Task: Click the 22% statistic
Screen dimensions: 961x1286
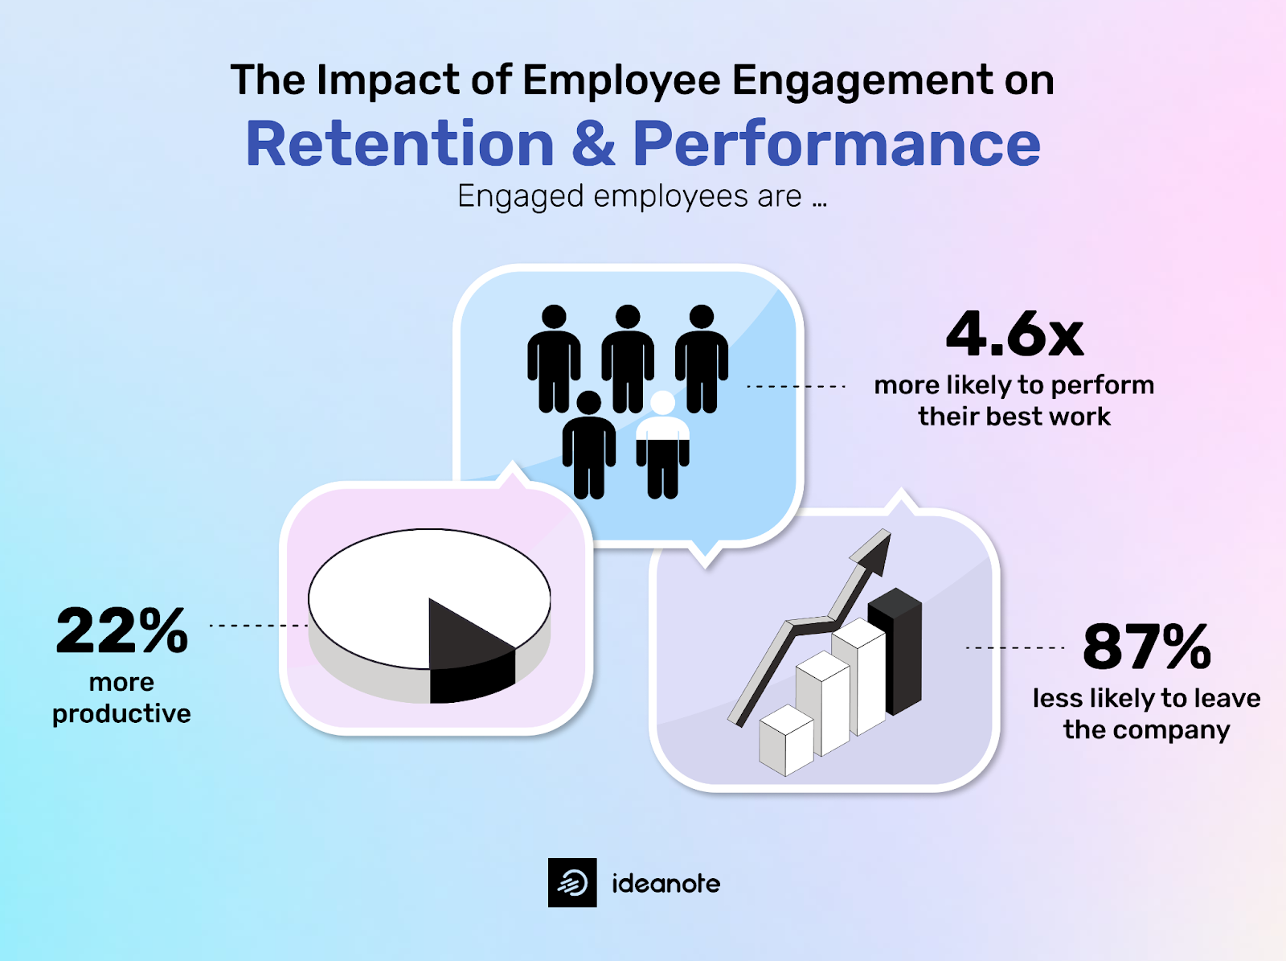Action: point(122,631)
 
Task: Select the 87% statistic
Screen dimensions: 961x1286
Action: point(1146,647)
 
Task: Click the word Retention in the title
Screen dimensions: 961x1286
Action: point(399,144)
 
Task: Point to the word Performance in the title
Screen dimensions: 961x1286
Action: point(837,144)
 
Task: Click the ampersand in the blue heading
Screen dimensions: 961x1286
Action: point(593,144)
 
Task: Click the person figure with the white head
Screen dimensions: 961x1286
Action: point(662,446)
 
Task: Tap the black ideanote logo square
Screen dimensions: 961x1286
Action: point(572,882)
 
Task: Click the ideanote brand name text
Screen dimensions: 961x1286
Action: point(666,883)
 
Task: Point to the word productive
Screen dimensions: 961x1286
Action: point(121,713)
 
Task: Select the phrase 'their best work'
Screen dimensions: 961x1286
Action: point(1014,417)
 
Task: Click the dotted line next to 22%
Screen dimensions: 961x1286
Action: point(257,625)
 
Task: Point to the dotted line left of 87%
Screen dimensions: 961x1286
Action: point(1014,647)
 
